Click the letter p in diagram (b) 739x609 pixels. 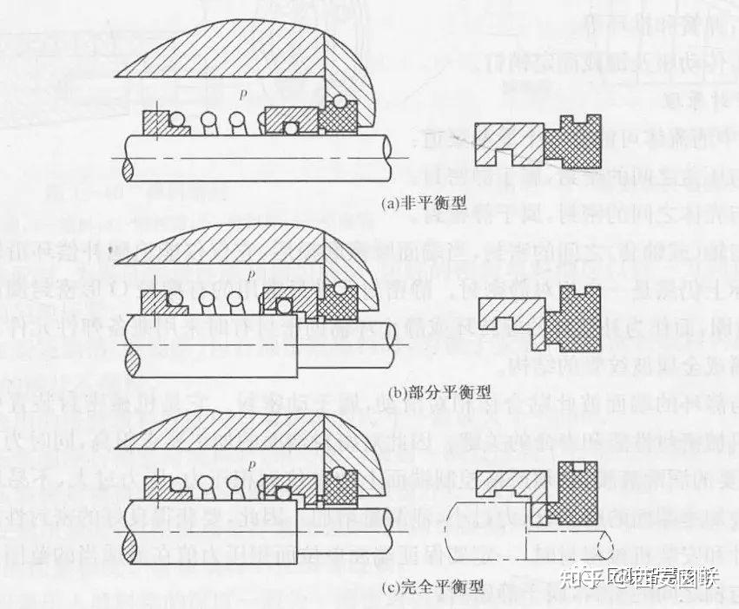[x=251, y=275]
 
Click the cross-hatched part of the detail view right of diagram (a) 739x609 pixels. [x=574, y=143]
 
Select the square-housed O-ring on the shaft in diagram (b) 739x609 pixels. [x=284, y=304]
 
